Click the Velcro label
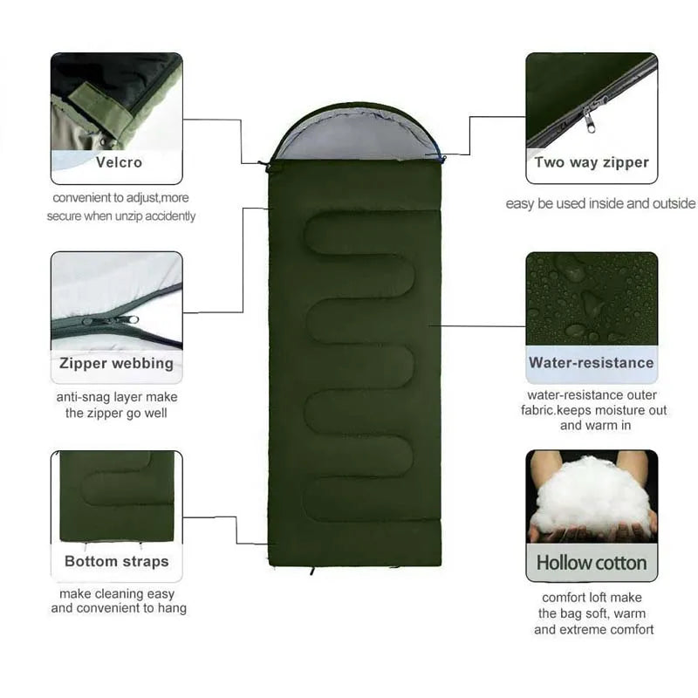(119, 162)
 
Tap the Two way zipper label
(592, 162)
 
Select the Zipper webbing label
(116, 363)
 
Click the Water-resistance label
(591, 363)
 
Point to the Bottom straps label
(116, 561)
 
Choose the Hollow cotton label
(591, 563)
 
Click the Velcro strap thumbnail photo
(116, 100)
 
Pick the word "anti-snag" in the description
(84, 397)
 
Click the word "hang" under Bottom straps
(172, 608)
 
